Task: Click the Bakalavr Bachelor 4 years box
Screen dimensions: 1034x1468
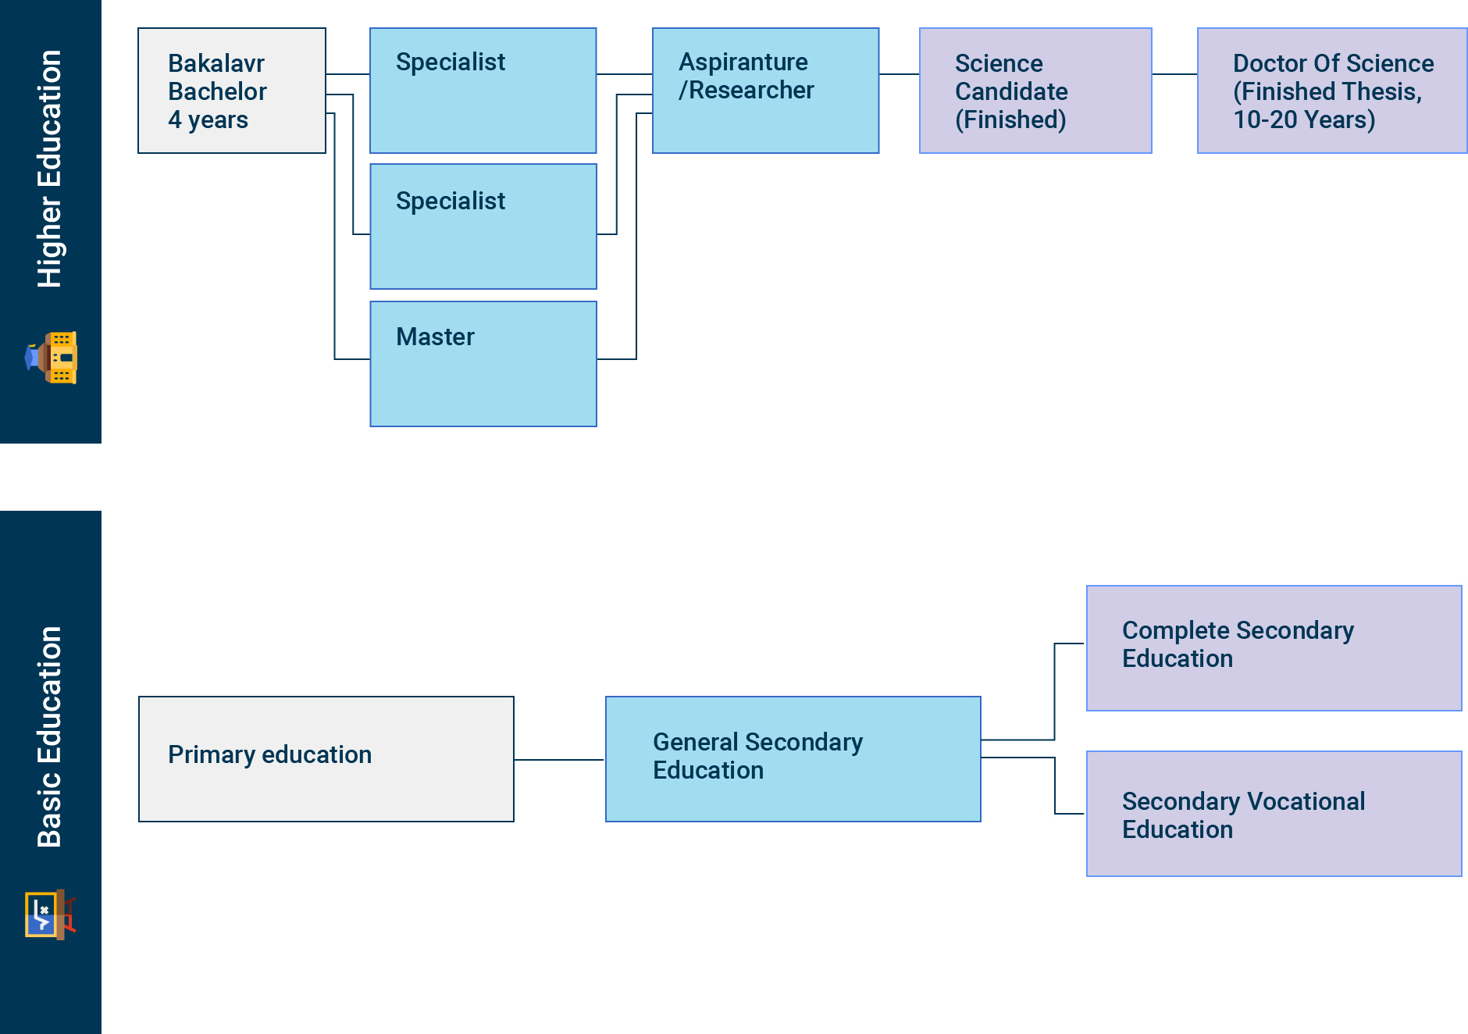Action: [232, 91]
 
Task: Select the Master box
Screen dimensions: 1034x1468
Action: [483, 364]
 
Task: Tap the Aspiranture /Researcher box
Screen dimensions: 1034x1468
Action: [765, 91]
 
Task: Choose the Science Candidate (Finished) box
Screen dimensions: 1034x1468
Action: [1035, 91]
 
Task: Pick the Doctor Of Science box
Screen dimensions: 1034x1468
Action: [1331, 91]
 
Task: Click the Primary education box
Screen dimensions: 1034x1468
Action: [326, 758]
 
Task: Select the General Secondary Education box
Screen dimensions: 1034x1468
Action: [793, 758]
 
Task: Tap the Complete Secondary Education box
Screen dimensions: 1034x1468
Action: [1274, 648]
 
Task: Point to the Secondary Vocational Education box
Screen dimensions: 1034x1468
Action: [1274, 814]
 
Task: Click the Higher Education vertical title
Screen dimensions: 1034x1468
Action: [50, 169]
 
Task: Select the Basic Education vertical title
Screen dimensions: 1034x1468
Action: [50, 736]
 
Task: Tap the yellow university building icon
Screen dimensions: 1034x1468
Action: [52, 358]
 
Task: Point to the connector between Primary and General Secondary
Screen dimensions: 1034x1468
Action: [559, 759]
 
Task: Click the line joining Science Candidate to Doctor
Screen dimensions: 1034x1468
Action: [1174, 74]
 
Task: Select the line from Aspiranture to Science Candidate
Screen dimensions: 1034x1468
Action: [899, 74]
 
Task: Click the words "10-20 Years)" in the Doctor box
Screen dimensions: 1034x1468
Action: [1304, 119]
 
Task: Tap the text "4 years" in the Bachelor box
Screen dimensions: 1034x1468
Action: [208, 119]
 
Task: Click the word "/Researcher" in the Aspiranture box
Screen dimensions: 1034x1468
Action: [746, 91]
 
